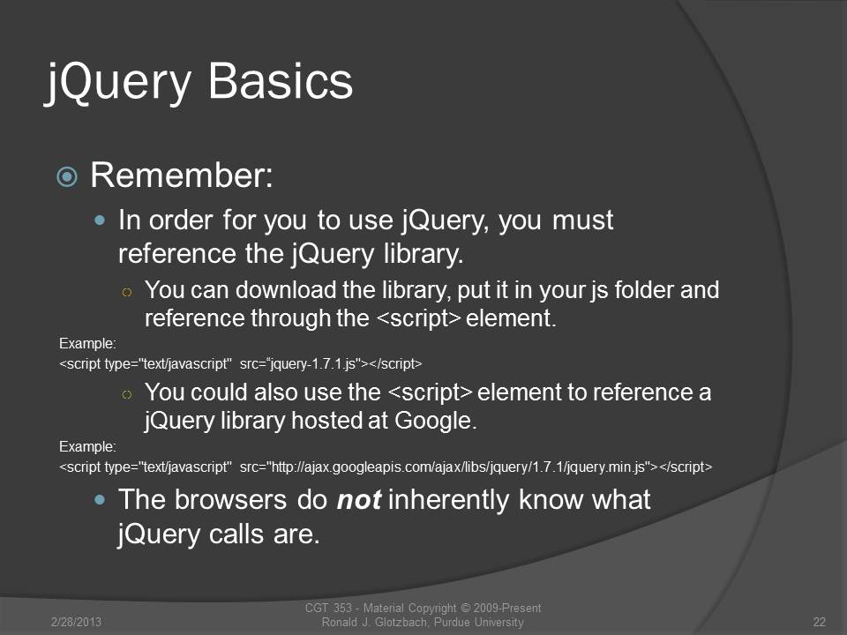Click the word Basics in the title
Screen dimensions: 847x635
tap(280, 81)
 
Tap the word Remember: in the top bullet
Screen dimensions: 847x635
tap(182, 175)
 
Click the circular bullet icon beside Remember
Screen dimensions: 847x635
tap(67, 176)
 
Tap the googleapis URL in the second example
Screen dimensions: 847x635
tap(458, 467)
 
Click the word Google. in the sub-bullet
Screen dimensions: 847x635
tap(436, 421)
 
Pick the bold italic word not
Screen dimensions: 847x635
tap(359, 499)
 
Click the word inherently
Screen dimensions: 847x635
tap(448, 499)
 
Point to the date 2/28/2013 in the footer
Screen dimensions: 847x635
tap(76, 622)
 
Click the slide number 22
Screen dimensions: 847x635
tap(820, 622)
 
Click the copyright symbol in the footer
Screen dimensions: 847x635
tap(465, 609)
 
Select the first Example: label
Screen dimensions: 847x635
tap(87, 343)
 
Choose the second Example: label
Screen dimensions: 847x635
tap(87, 446)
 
